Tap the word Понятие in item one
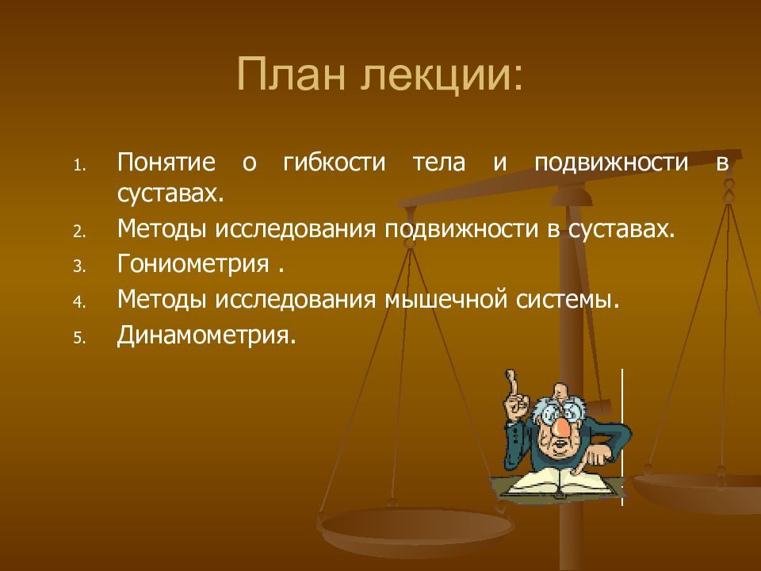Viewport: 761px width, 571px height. click(x=166, y=163)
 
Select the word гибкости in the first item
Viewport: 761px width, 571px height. click(x=334, y=163)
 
